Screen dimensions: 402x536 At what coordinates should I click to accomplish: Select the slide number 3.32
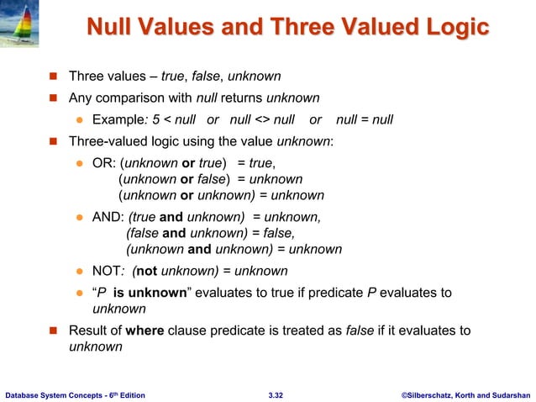click(275, 393)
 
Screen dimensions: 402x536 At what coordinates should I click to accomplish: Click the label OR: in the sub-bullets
click(105, 162)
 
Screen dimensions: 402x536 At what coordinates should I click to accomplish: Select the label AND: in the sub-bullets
click(108, 216)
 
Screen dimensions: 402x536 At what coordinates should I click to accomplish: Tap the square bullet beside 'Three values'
click(51, 75)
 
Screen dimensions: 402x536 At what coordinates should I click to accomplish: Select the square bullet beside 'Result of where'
click(51, 331)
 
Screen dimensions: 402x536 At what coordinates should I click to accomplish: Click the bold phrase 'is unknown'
click(149, 293)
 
